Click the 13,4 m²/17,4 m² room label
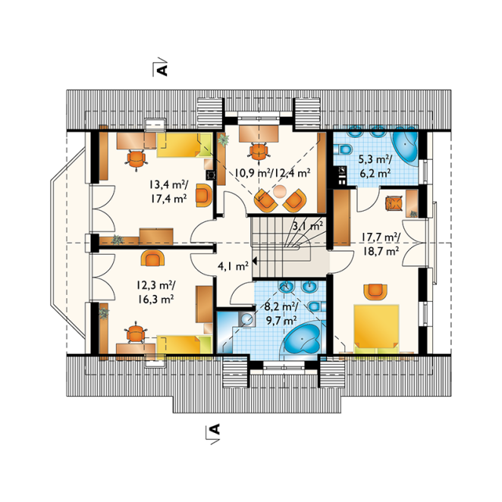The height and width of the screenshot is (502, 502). (x=168, y=192)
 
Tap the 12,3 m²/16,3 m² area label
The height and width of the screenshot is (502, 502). (x=156, y=292)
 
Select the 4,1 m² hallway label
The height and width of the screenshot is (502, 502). (x=233, y=265)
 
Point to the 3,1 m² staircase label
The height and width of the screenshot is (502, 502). (x=307, y=226)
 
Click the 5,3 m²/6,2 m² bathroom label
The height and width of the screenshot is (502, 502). (x=375, y=167)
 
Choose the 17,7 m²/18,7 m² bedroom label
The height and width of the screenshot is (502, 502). (x=381, y=244)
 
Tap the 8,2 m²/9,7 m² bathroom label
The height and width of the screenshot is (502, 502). (x=281, y=312)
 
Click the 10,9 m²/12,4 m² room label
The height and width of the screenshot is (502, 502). (x=272, y=173)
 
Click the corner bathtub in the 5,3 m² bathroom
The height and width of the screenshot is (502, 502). (x=405, y=146)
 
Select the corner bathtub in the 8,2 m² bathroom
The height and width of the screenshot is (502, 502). (x=301, y=340)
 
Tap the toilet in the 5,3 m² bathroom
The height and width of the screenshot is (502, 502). (x=343, y=149)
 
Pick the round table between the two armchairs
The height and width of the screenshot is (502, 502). (x=280, y=192)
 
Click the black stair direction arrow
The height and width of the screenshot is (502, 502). (x=255, y=262)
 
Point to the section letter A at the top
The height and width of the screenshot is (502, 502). (x=163, y=70)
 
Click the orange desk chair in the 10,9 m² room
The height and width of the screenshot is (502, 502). (x=258, y=151)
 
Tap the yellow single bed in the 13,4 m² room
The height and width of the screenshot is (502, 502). (x=184, y=145)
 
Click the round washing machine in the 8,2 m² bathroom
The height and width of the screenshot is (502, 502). (x=247, y=319)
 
